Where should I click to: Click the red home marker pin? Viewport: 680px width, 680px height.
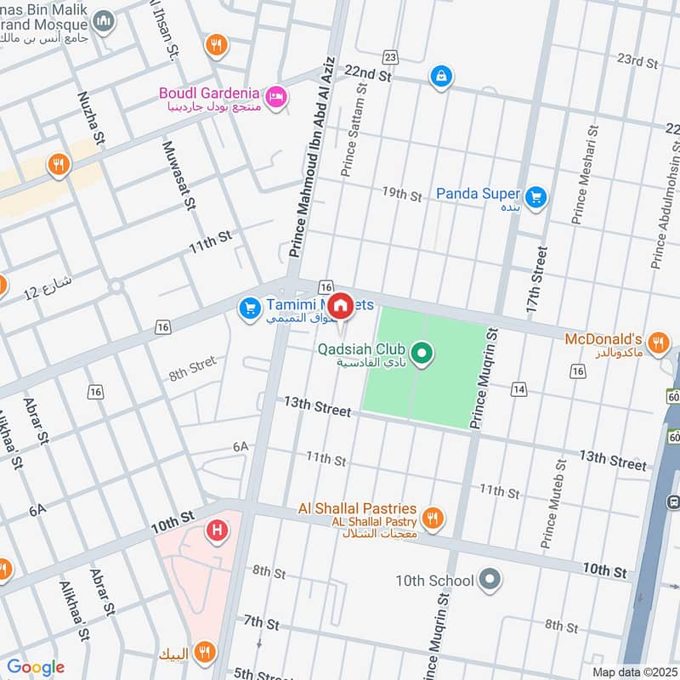[341, 305]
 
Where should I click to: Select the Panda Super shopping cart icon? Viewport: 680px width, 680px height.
[535, 197]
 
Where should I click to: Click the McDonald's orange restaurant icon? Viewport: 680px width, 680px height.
[657, 343]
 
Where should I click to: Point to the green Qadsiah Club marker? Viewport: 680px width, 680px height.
[419, 351]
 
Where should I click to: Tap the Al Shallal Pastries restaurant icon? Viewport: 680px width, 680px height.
[433, 516]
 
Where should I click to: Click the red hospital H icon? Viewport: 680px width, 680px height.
[218, 533]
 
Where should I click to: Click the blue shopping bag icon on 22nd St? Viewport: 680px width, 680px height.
[440, 76]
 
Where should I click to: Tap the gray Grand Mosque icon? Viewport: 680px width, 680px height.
[104, 21]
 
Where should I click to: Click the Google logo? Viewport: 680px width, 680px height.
[36, 667]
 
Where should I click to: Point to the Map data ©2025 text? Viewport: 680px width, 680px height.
[632, 671]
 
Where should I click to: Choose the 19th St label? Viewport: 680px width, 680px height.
[401, 195]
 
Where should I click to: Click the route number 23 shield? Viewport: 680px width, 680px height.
[390, 57]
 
